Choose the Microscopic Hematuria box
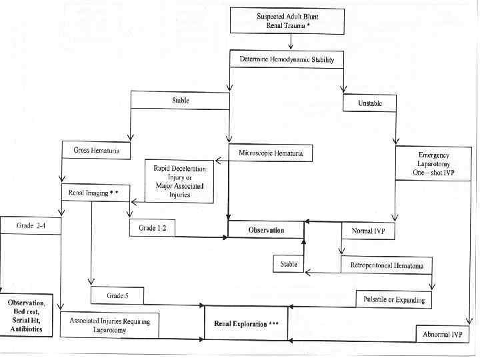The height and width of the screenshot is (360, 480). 270,153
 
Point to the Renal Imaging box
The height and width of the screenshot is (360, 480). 93,193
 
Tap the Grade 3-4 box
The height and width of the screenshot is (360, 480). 31,225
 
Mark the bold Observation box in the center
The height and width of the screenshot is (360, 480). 266,230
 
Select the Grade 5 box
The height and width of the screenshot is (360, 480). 117,295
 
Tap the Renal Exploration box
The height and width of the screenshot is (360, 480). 246,323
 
